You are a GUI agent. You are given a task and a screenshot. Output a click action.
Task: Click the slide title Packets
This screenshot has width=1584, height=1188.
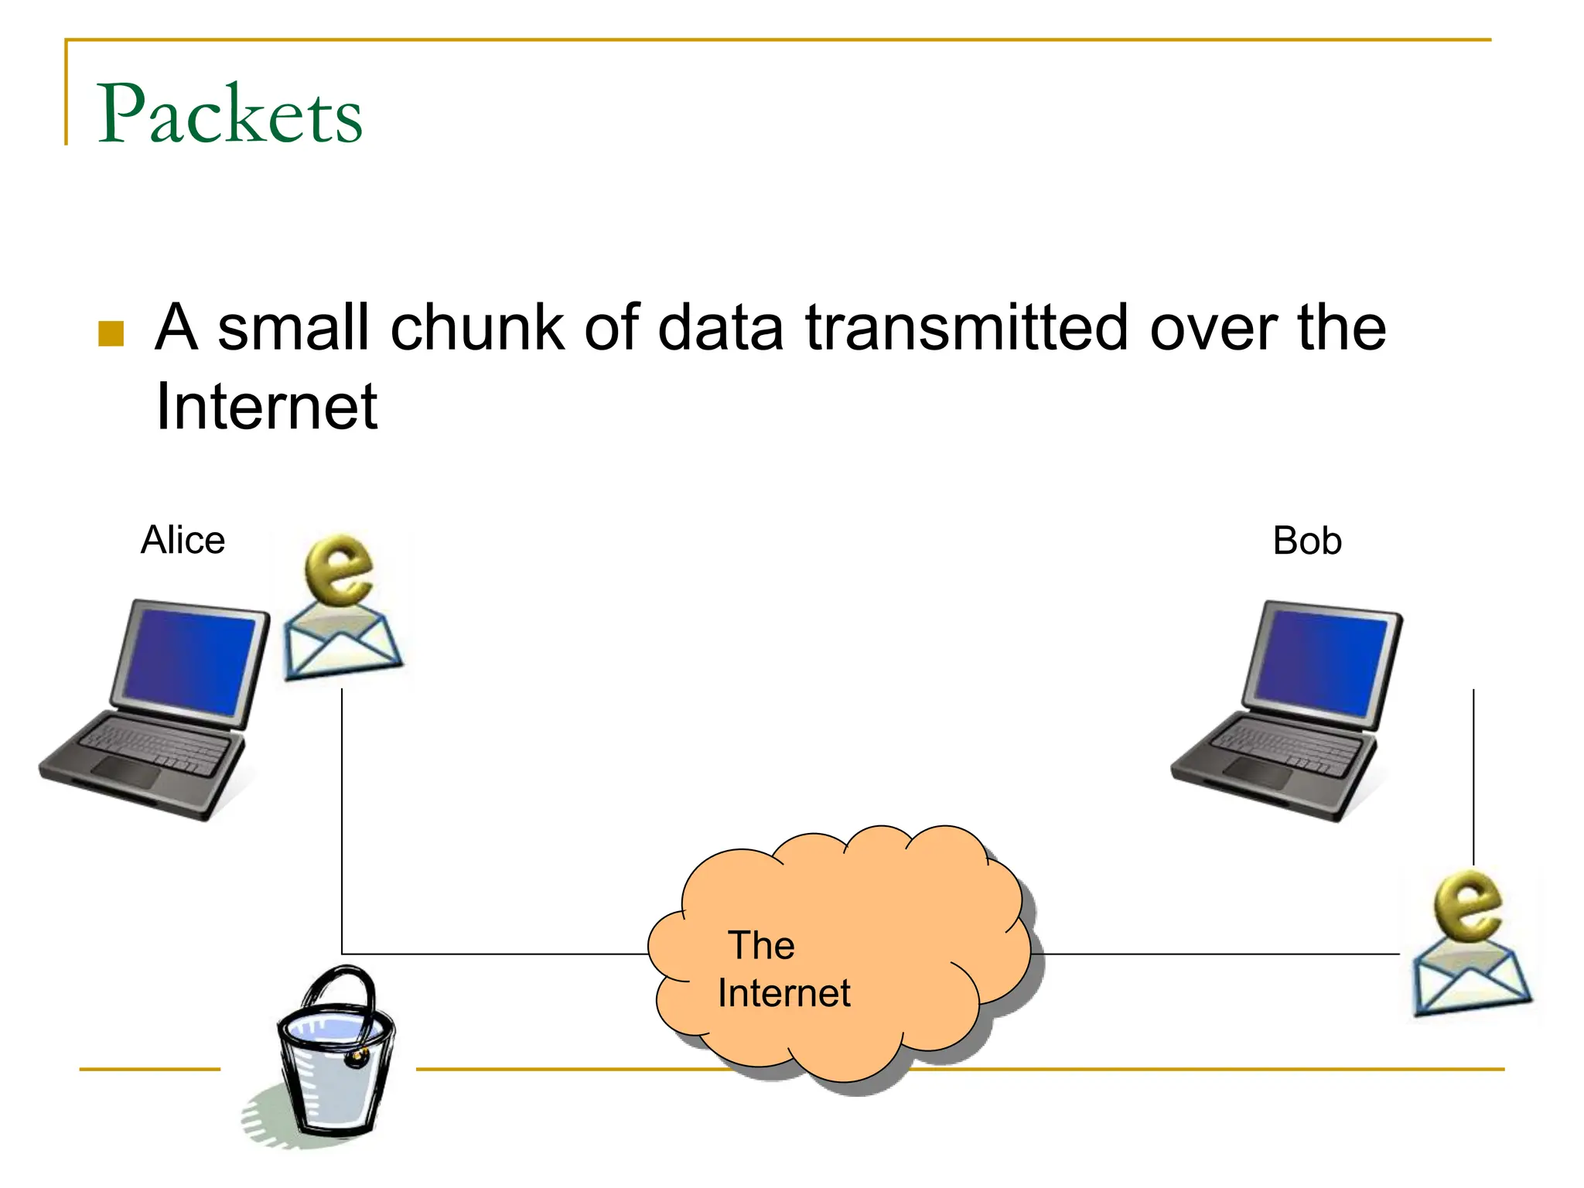(x=230, y=114)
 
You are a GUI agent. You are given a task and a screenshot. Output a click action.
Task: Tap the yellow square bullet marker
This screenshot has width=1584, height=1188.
(x=111, y=333)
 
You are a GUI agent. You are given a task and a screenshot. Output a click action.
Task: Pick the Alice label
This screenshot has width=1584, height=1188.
(x=183, y=540)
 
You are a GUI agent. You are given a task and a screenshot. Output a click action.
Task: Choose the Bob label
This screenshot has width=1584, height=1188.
(x=1306, y=541)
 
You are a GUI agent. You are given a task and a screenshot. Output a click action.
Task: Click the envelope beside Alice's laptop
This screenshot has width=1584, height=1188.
(x=342, y=644)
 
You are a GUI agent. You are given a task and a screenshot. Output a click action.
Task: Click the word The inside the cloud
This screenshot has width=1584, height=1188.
(x=761, y=945)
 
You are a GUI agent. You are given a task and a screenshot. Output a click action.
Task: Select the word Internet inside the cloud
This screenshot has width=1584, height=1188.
(x=783, y=993)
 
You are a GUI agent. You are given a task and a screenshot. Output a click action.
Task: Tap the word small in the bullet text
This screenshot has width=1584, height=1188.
(x=292, y=327)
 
